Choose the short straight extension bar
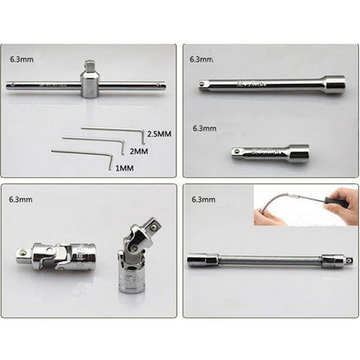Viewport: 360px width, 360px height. click(270, 153)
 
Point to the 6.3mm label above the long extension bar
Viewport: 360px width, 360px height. click(201, 60)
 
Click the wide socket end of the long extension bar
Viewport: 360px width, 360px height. click(332, 85)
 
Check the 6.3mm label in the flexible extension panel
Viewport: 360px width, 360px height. click(201, 199)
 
